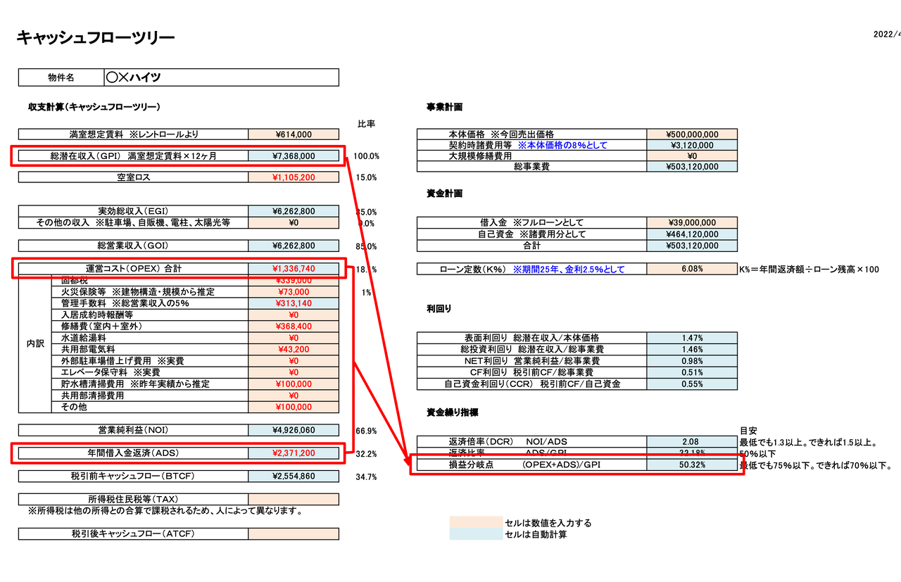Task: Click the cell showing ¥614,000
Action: [294, 134]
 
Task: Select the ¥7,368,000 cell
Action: [294, 156]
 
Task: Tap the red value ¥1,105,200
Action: [294, 177]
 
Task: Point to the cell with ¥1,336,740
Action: [294, 269]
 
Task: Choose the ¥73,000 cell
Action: [294, 292]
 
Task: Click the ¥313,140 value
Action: [294, 303]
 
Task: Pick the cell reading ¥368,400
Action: [294, 327]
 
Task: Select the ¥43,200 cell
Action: [294, 350]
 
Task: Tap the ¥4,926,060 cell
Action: [294, 430]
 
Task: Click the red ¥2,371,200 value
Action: [294, 453]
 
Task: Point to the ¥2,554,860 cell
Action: [294, 476]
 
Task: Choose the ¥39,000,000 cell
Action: [692, 223]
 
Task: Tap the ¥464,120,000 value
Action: [692, 234]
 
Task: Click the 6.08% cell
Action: [692, 269]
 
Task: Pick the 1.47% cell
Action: [692, 339]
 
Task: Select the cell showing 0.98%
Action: [692, 361]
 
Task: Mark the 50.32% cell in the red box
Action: [692, 465]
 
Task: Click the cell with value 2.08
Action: [692, 441]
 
